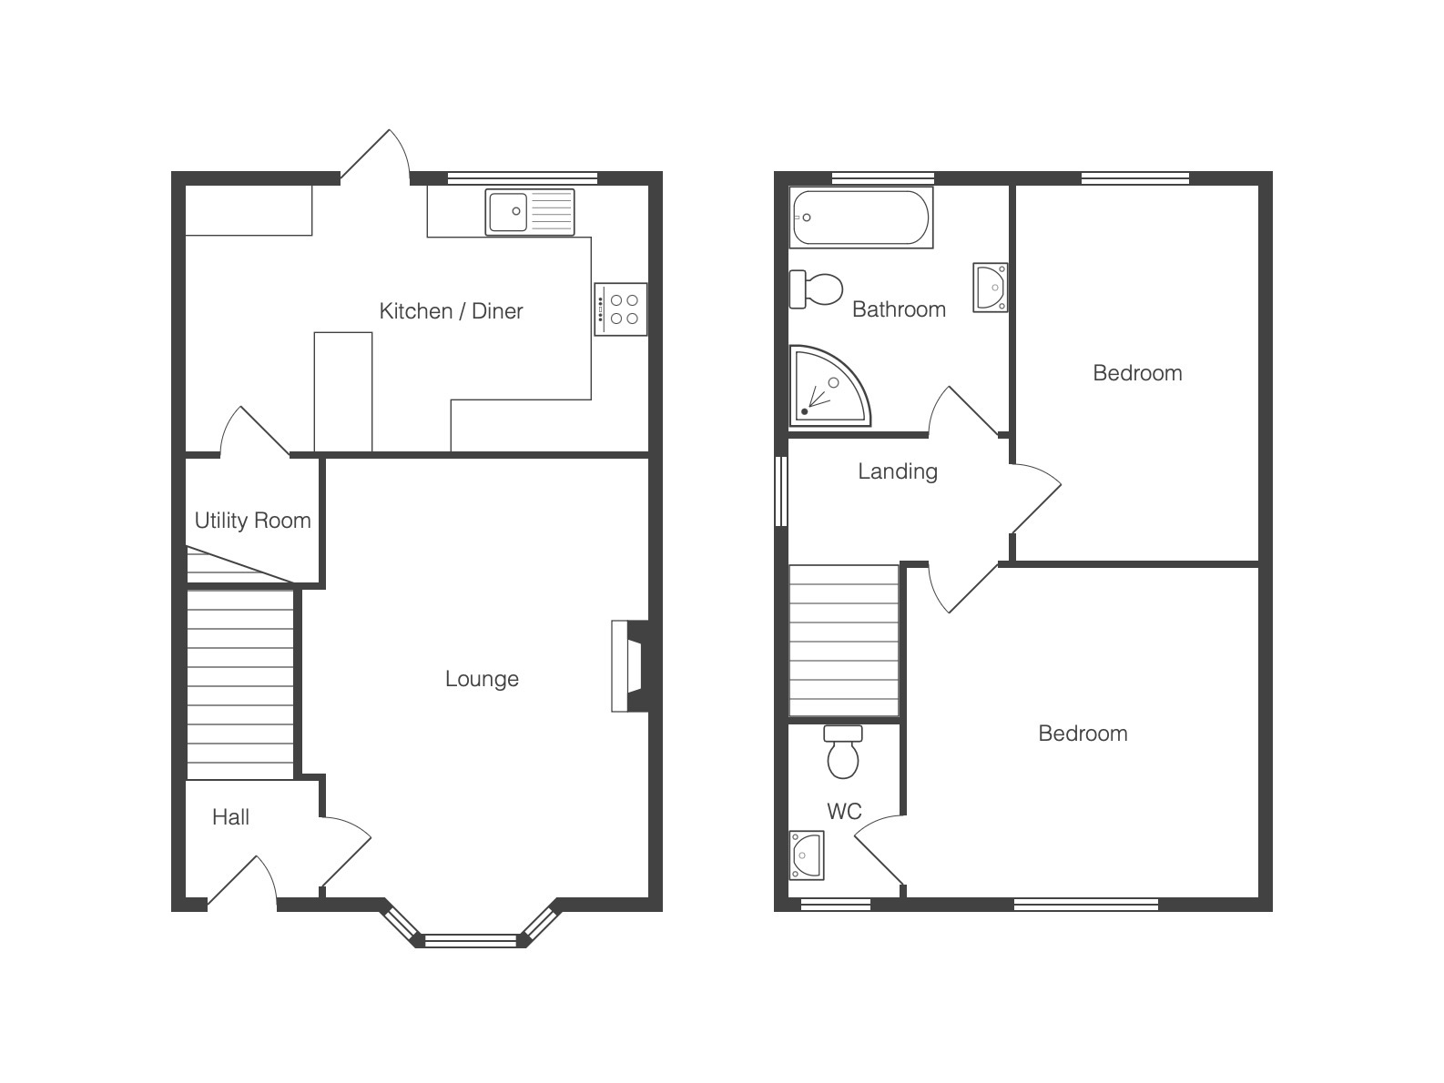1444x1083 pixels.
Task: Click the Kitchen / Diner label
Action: (451, 311)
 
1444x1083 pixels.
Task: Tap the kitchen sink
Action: (530, 212)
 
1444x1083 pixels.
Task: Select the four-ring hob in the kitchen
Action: (620, 309)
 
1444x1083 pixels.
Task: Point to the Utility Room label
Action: (252, 521)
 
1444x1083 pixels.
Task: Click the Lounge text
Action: (482, 679)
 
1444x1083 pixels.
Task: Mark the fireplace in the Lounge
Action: (629, 666)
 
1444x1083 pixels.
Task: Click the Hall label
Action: (230, 817)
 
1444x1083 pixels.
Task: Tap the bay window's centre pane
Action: (472, 940)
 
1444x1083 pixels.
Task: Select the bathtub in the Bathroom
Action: (860, 217)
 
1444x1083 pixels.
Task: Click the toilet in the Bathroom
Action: (816, 289)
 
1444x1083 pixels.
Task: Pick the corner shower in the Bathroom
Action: (829, 386)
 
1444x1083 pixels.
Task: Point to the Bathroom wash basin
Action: (990, 288)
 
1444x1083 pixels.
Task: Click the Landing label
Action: (898, 471)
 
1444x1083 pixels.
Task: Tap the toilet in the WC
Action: (843, 752)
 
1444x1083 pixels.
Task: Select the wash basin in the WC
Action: (808, 855)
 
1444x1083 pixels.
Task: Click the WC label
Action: (844, 812)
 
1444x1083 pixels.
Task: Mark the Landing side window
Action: (781, 491)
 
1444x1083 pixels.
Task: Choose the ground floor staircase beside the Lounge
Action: (240, 684)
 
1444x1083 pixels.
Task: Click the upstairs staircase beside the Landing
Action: (844, 641)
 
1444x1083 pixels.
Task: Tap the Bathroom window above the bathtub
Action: (883, 177)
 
